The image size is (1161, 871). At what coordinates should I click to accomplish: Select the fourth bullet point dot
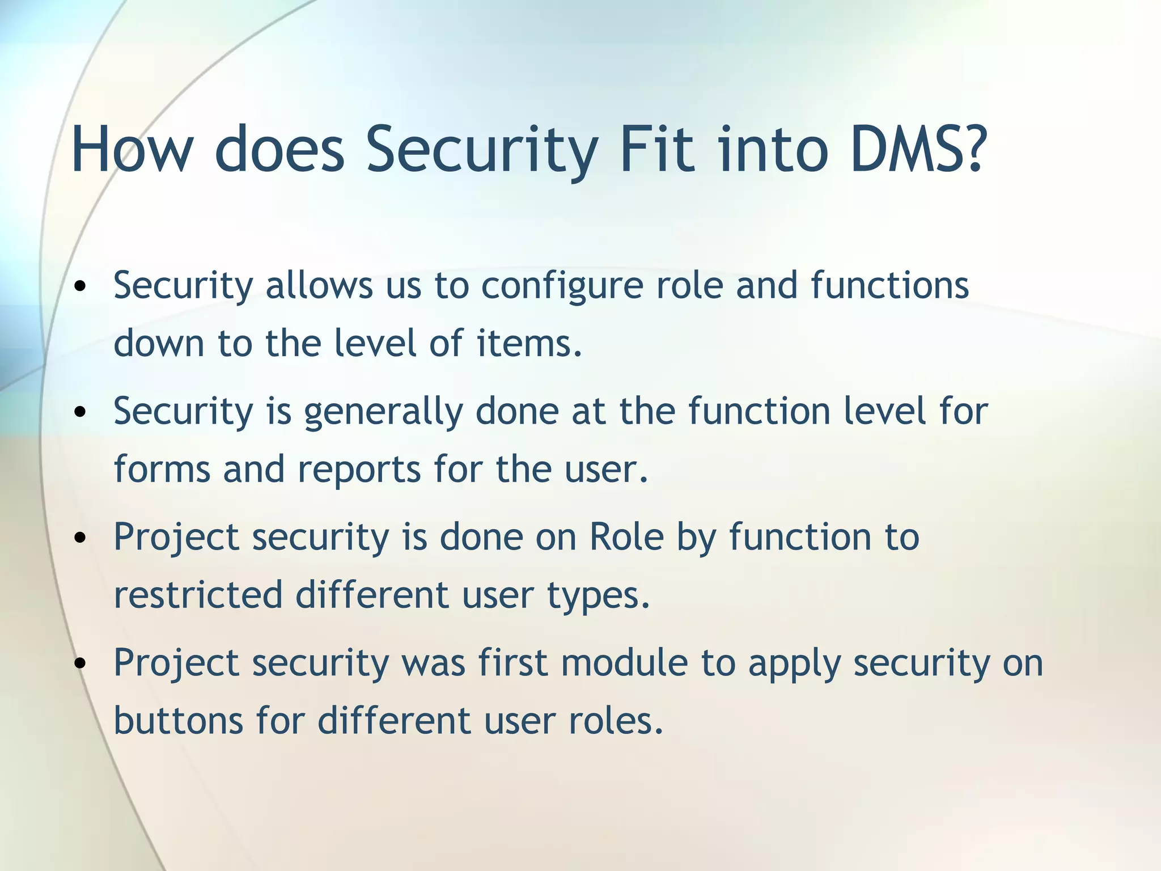[x=80, y=664]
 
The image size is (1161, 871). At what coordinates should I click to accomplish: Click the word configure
[x=562, y=285]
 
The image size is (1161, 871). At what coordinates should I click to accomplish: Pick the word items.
[x=529, y=344]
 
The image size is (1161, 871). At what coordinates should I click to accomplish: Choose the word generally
[x=383, y=412]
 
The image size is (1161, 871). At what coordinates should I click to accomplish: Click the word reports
[x=358, y=470]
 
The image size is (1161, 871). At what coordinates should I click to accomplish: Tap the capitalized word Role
[x=626, y=536]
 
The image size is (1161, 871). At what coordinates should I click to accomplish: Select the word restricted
[x=198, y=595]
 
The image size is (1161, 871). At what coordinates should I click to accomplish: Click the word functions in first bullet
[x=889, y=285]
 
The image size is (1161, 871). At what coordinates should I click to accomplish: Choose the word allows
[x=319, y=285]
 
